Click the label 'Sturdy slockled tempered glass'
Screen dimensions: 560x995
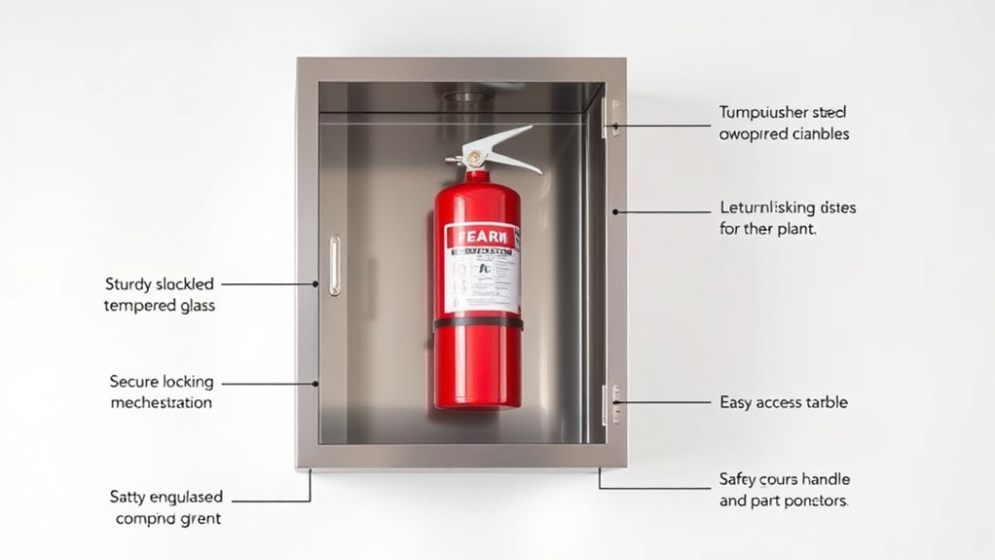(x=160, y=294)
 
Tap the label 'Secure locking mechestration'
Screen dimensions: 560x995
(x=161, y=392)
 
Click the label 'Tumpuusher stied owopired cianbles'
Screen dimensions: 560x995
(x=784, y=123)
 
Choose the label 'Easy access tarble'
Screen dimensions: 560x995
(x=783, y=401)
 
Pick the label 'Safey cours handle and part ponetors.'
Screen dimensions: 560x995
(x=784, y=490)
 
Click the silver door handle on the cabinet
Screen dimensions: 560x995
(x=334, y=264)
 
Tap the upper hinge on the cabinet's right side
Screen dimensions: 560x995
(x=610, y=116)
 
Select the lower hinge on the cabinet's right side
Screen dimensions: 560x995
(x=610, y=403)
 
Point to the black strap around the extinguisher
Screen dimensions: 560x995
(x=477, y=323)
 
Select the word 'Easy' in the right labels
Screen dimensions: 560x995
(x=736, y=401)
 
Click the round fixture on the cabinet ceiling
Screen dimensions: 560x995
(x=468, y=96)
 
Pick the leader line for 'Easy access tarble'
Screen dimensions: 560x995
(x=662, y=400)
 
